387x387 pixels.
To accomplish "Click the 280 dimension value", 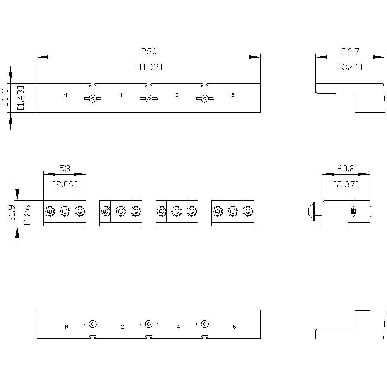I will coord(149,51).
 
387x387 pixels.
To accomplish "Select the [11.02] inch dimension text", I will coord(149,67).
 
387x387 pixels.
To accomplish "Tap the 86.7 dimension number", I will coord(350,51).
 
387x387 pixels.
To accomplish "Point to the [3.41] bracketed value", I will coord(350,67).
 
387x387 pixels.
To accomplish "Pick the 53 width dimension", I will coord(65,168).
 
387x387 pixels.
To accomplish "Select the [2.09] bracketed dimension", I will coord(65,184).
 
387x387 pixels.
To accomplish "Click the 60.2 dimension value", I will coord(346,168).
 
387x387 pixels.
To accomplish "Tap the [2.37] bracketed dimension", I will coord(346,184).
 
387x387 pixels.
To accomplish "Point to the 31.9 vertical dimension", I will coord(12,213).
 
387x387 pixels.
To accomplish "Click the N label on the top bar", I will coord(65,95).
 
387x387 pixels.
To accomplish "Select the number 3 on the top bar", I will coord(177,95).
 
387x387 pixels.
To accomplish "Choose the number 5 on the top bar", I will coord(233,95).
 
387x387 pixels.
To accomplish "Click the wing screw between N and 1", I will coord(92,99).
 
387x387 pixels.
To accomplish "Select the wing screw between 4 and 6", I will coord(204,324).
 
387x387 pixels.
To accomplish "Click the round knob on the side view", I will coord(310,211).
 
